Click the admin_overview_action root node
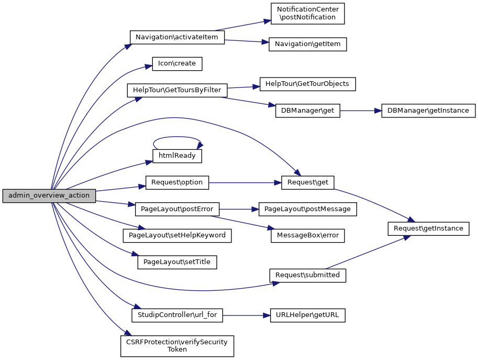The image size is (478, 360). click(x=49, y=196)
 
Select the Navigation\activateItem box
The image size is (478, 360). click(x=177, y=38)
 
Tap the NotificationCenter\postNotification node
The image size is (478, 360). click(x=307, y=14)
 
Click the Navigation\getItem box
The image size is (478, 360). click(x=307, y=45)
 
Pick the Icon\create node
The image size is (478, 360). click(x=177, y=64)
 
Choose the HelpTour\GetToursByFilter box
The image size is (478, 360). click(x=177, y=90)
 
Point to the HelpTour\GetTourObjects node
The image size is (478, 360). click(x=308, y=84)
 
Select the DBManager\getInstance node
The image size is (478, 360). click(x=428, y=111)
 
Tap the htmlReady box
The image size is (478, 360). click(x=177, y=156)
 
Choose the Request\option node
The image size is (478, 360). click(x=177, y=183)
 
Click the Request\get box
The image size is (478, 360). click(x=308, y=183)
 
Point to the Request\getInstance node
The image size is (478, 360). click(x=428, y=228)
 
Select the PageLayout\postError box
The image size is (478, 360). click(x=177, y=209)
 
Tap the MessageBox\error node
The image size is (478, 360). click(x=308, y=236)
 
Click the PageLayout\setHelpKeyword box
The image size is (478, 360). click(x=177, y=236)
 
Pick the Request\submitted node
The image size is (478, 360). click(x=308, y=275)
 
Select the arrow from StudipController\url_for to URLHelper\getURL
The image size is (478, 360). click(x=246, y=316)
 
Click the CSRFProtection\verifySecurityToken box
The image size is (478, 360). click(x=177, y=346)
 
